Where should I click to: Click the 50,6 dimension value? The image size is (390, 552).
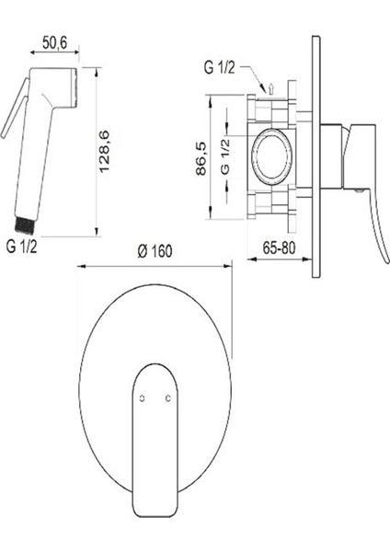pyautogui.click(x=54, y=43)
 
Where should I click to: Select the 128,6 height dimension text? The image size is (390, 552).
pyautogui.click(x=105, y=151)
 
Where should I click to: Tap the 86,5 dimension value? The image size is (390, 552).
pyautogui.click(x=201, y=159)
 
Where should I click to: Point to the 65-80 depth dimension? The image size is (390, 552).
pyautogui.click(x=279, y=248)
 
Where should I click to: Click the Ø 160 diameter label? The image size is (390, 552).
pyautogui.click(x=155, y=251)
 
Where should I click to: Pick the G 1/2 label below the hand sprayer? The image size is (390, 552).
pyautogui.click(x=21, y=247)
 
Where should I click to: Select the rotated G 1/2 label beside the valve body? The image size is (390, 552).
pyautogui.click(x=225, y=156)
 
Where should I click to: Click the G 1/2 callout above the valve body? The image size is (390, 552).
pyautogui.click(x=219, y=67)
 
